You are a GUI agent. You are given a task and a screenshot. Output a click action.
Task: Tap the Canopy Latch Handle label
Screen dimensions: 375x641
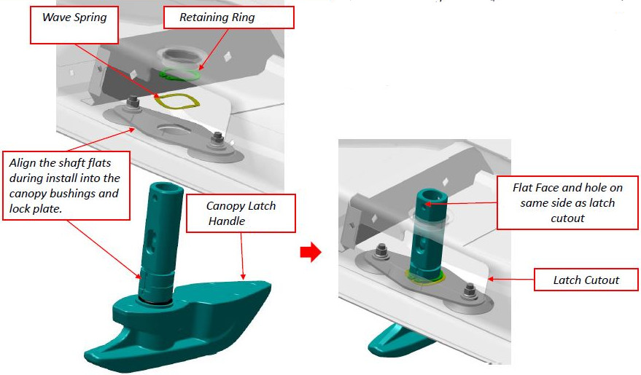click(241, 212)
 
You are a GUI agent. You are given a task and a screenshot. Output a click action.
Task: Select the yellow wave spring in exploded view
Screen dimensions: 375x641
click(176, 102)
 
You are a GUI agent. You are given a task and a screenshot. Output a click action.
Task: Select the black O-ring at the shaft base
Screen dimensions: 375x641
click(152, 299)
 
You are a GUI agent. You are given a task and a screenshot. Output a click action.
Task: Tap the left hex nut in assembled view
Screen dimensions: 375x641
click(380, 252)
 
